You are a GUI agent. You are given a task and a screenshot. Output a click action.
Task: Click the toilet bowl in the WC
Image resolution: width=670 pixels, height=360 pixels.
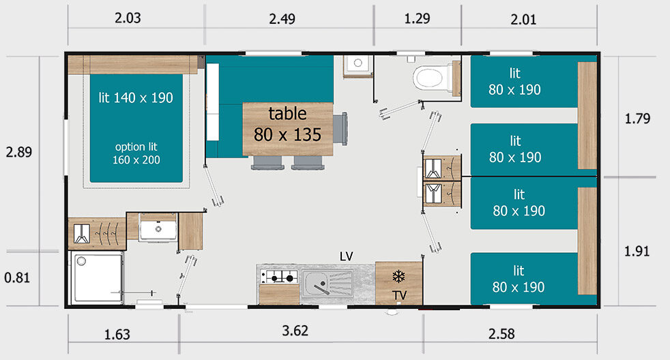(430, 78)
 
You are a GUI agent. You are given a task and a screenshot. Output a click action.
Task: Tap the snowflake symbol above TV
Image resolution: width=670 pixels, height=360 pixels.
(398, 276)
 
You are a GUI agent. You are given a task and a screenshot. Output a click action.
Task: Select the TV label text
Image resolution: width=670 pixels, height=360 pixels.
(400, 295)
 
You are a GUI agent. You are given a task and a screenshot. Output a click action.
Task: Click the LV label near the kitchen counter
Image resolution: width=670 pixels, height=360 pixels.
(346, 256)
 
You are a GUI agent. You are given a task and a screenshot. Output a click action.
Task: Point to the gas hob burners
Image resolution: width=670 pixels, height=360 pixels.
(279, 277)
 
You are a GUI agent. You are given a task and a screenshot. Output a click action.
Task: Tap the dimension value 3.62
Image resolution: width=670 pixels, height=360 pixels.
(295, 331)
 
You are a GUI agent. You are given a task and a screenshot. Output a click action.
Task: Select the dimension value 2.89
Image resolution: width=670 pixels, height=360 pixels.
(19, 152)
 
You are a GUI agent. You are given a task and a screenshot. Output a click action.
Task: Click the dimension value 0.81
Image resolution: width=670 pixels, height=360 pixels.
(17, 277)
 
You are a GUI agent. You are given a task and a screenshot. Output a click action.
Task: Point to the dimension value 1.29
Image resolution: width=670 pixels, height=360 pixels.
(417, 18)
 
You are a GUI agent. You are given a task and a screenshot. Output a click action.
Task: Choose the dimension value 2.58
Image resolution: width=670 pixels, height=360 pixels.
(501, 333)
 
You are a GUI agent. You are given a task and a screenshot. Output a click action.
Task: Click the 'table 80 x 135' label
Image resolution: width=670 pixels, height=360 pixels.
(287, 124)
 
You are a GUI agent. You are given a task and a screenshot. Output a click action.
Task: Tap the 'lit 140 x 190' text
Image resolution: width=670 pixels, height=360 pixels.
(136, 97)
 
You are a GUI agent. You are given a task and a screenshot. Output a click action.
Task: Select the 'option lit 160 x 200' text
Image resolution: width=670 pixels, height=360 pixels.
(136, 153)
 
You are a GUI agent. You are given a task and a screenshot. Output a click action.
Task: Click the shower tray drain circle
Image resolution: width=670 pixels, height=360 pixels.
(82, 261)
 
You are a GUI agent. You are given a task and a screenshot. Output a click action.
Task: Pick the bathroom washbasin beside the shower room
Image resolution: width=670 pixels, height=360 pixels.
(158, 228)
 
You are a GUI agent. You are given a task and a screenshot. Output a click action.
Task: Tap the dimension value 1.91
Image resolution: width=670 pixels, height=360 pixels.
(637, 251)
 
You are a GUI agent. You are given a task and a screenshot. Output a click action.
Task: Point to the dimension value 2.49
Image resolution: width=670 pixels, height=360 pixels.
(282, 19)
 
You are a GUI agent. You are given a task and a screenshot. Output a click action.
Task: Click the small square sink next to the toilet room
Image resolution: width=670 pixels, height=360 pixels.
(358, 64)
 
